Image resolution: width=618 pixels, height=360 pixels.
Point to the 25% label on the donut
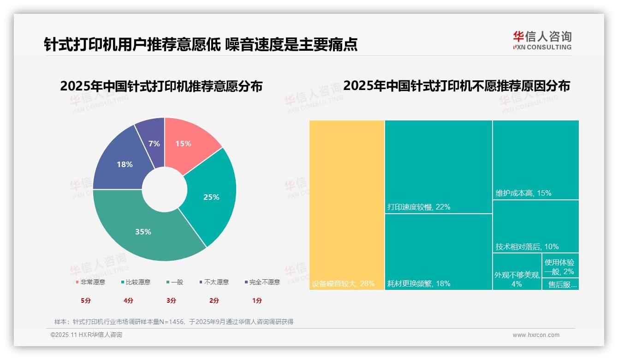tap(211, 197)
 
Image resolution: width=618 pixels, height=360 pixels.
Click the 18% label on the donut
tap(125, 164)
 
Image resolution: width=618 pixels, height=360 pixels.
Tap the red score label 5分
tap(86, 300)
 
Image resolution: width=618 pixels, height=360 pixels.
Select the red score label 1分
tap(257, 300)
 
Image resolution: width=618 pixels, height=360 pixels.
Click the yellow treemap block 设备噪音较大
tap(347, 203)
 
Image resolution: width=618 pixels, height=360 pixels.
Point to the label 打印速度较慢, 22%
tap(419, 207)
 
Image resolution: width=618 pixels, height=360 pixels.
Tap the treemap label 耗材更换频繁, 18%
tap(419, 284)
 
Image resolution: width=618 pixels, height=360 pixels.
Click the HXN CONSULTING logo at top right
tap(542, 41)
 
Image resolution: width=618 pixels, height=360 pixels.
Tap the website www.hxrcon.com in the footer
tap(536, 335)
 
